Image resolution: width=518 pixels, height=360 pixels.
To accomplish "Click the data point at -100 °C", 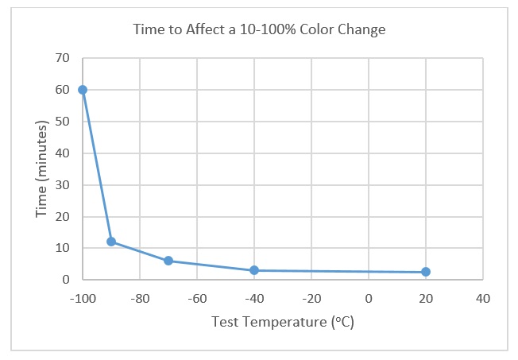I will point(83,90).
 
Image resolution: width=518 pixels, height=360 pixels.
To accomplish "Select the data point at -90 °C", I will point(111,241).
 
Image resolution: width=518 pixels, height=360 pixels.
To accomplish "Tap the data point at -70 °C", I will point(168,261).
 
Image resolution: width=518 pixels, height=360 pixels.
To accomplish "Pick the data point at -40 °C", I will point(254,270).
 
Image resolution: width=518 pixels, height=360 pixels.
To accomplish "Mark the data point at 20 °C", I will point(426,272).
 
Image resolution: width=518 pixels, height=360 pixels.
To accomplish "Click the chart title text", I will point(259,30).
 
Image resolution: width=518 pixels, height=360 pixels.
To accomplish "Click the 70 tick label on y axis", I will point(63,58).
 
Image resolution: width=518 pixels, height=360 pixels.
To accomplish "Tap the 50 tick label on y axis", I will point(63,122).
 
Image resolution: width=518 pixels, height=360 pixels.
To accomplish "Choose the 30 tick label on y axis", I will point(63,184).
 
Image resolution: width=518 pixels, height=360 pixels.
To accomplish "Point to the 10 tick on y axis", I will point(63,248).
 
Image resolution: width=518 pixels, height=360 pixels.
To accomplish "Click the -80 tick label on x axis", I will point(139,299).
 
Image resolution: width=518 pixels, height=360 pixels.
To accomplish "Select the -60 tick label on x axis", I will point(196,299).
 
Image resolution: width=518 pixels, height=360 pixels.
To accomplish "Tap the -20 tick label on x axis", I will point(311,299).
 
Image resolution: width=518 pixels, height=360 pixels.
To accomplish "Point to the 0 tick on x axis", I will point(369,299).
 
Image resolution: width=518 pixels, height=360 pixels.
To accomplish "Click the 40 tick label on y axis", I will point(63,153).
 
